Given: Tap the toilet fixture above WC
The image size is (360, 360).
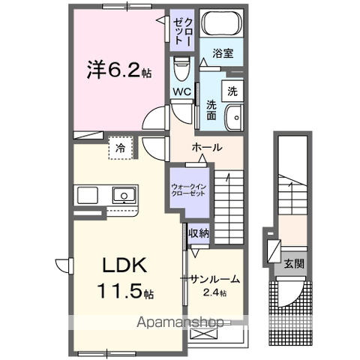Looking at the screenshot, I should pos(181,72).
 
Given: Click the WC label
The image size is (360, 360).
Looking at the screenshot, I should pos(181,91).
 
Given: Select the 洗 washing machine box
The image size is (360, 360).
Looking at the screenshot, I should pos(232,91).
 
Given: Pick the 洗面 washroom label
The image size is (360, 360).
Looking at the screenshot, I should pos(211,111).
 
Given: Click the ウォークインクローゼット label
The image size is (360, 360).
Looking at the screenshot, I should pos(188,188).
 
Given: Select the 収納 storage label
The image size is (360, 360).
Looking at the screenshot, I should pos(199,233).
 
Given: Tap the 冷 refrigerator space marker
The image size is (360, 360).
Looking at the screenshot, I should pos(119,148).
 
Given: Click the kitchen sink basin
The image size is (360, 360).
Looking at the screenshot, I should pos(122,196).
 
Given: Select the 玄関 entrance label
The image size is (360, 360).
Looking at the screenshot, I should pos(293,264).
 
